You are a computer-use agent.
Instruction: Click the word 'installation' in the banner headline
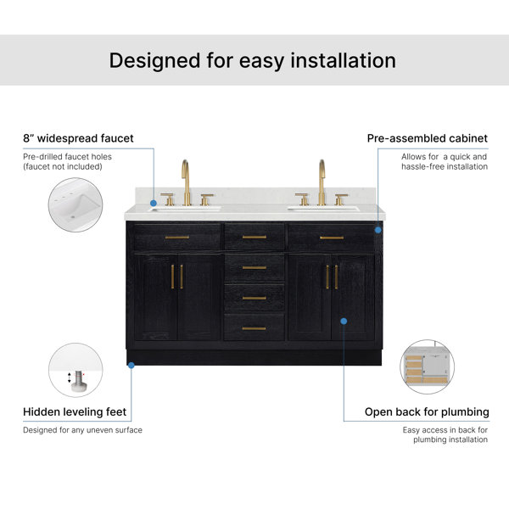click(x=343, y=61)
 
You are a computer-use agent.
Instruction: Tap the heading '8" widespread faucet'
click(x=78, y=138)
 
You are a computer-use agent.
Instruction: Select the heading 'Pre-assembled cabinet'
click(x=428, y=138)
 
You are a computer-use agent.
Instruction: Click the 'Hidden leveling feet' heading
click(x=75, y=412)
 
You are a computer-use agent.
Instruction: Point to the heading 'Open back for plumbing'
click(x=427, y=412)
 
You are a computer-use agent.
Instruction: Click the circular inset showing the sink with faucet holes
click(x=76, y=204)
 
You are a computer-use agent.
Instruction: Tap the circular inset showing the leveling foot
click(x=76, y=370)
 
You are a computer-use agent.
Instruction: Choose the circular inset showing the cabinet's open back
click(x=428, y=366)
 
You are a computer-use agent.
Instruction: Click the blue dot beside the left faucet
click(x=154, y=204)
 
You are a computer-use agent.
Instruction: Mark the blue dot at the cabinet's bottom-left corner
click(x=131, y=366)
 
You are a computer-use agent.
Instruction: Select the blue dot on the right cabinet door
click(x=344, y=322)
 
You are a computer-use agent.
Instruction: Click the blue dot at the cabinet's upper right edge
click(x=378, y=230)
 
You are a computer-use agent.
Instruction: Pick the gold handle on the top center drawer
click(x=255, y=238)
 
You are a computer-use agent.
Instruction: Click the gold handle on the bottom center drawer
click(x=254, y=329)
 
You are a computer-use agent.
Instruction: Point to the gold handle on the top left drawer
click(x=177, y=238)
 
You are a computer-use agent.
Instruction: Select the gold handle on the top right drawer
click(x=332, y=238)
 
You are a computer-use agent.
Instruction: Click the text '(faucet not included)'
click(x=63, y=166)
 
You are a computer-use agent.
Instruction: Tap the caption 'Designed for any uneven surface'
click(x=83, y=430)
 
